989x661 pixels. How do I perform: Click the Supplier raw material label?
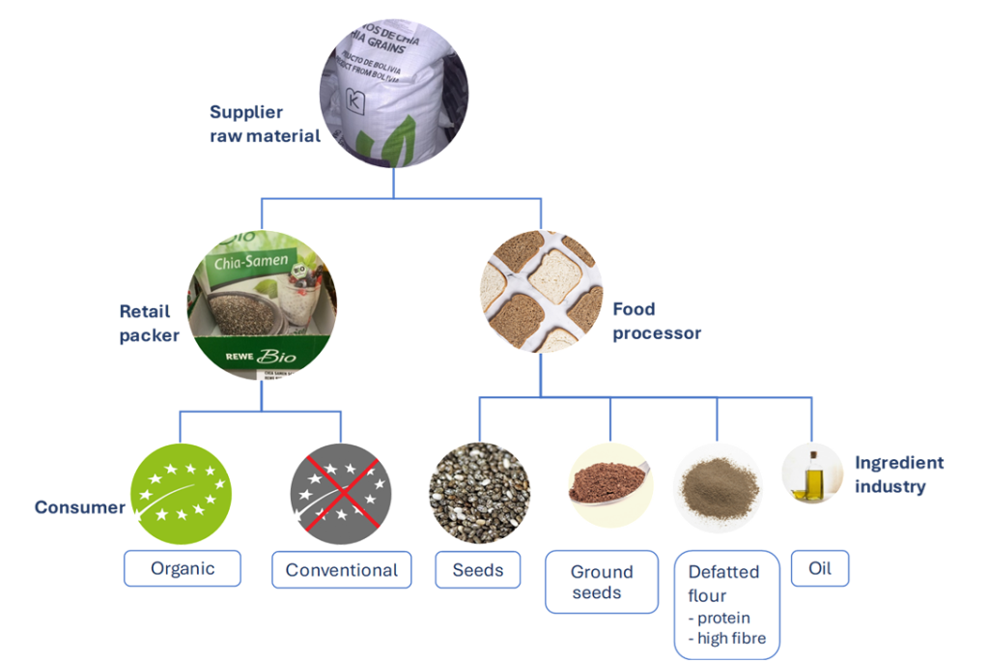[265, 124]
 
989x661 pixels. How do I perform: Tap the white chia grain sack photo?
[394, 93]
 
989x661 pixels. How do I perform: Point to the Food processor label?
[657, 321]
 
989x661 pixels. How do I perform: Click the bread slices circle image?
[541, 291]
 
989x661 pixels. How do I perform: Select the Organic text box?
[182, 568]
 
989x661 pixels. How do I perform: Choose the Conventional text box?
[341, 569]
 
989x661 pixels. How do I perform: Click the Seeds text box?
[478, 569]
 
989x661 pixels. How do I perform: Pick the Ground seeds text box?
[602, 582]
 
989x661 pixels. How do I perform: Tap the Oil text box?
[820, 568]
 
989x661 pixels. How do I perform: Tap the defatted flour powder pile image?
[719, 488]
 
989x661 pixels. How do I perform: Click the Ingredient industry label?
[898, 474]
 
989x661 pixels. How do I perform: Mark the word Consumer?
[79, 507]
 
